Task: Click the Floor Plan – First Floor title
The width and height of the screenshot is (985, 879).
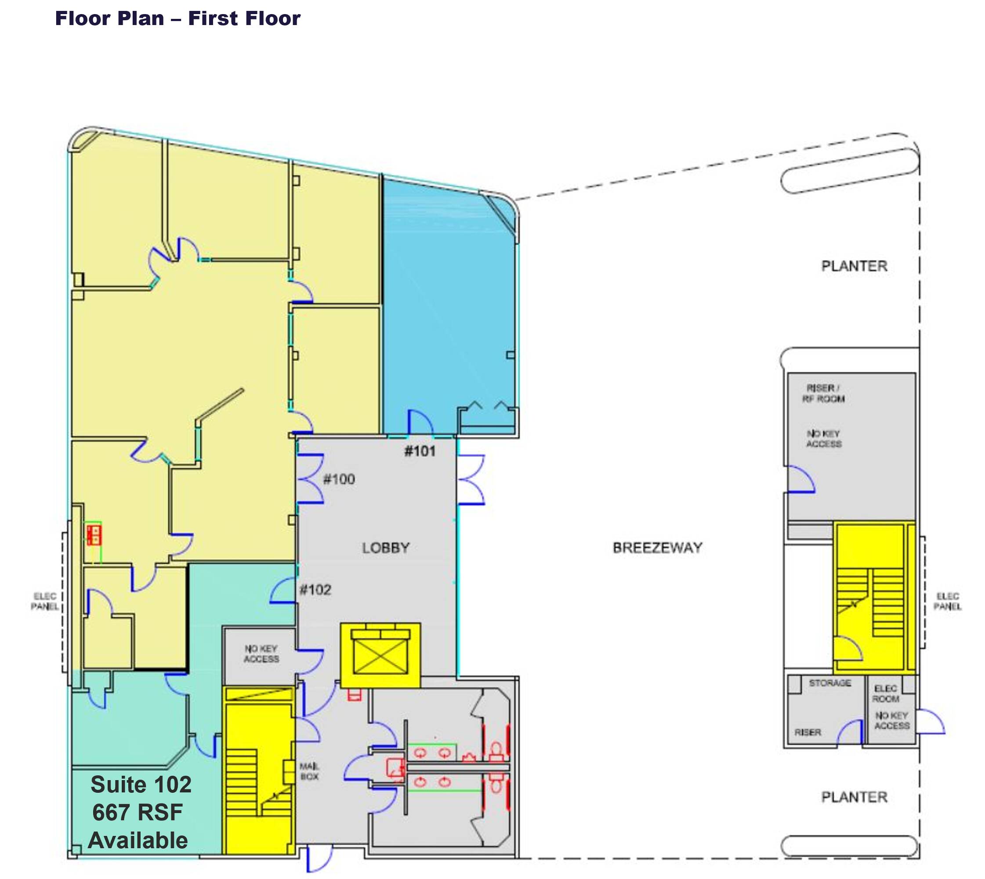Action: click(177, 18)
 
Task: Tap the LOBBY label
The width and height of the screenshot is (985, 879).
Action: click(386, 548)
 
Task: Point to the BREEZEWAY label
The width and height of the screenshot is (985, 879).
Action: click(657, 548)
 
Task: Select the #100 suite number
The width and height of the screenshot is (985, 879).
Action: click(339, 479)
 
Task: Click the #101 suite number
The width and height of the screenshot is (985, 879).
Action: click(420, 451)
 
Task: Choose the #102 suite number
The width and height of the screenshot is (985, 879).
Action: click(315, 590)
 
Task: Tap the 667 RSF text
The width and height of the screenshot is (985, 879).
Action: click(138, 812)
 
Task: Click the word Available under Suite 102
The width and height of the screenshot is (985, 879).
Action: click(138, 841)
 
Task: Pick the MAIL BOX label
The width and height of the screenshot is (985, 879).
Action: click(309, 772)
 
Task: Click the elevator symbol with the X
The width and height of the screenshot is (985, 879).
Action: click(380, 656)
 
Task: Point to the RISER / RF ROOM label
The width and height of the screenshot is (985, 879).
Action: click(823, 394)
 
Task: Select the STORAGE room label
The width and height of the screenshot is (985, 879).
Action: click(830, 683)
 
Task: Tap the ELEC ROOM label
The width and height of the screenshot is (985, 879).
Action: click(886, 694)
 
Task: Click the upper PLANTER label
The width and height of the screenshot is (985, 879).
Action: click(854, 266)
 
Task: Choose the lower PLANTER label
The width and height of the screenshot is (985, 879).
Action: click(854, 797)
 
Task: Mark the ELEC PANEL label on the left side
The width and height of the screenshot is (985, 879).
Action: click(44, 601)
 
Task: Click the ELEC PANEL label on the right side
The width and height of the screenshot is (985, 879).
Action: click(947, 601)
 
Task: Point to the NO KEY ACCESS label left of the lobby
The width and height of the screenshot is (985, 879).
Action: click(261, 654)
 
